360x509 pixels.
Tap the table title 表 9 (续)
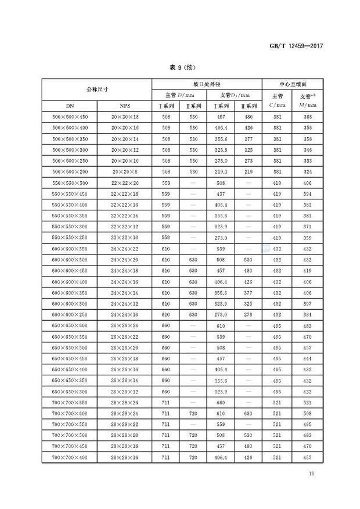180,67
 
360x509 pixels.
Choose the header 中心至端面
289,84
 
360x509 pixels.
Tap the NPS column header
125,106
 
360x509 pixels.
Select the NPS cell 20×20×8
125,172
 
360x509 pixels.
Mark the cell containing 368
303,117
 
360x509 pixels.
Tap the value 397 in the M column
303,303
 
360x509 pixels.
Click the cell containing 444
303,359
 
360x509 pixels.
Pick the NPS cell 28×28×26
125,402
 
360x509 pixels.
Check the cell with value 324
303,172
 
